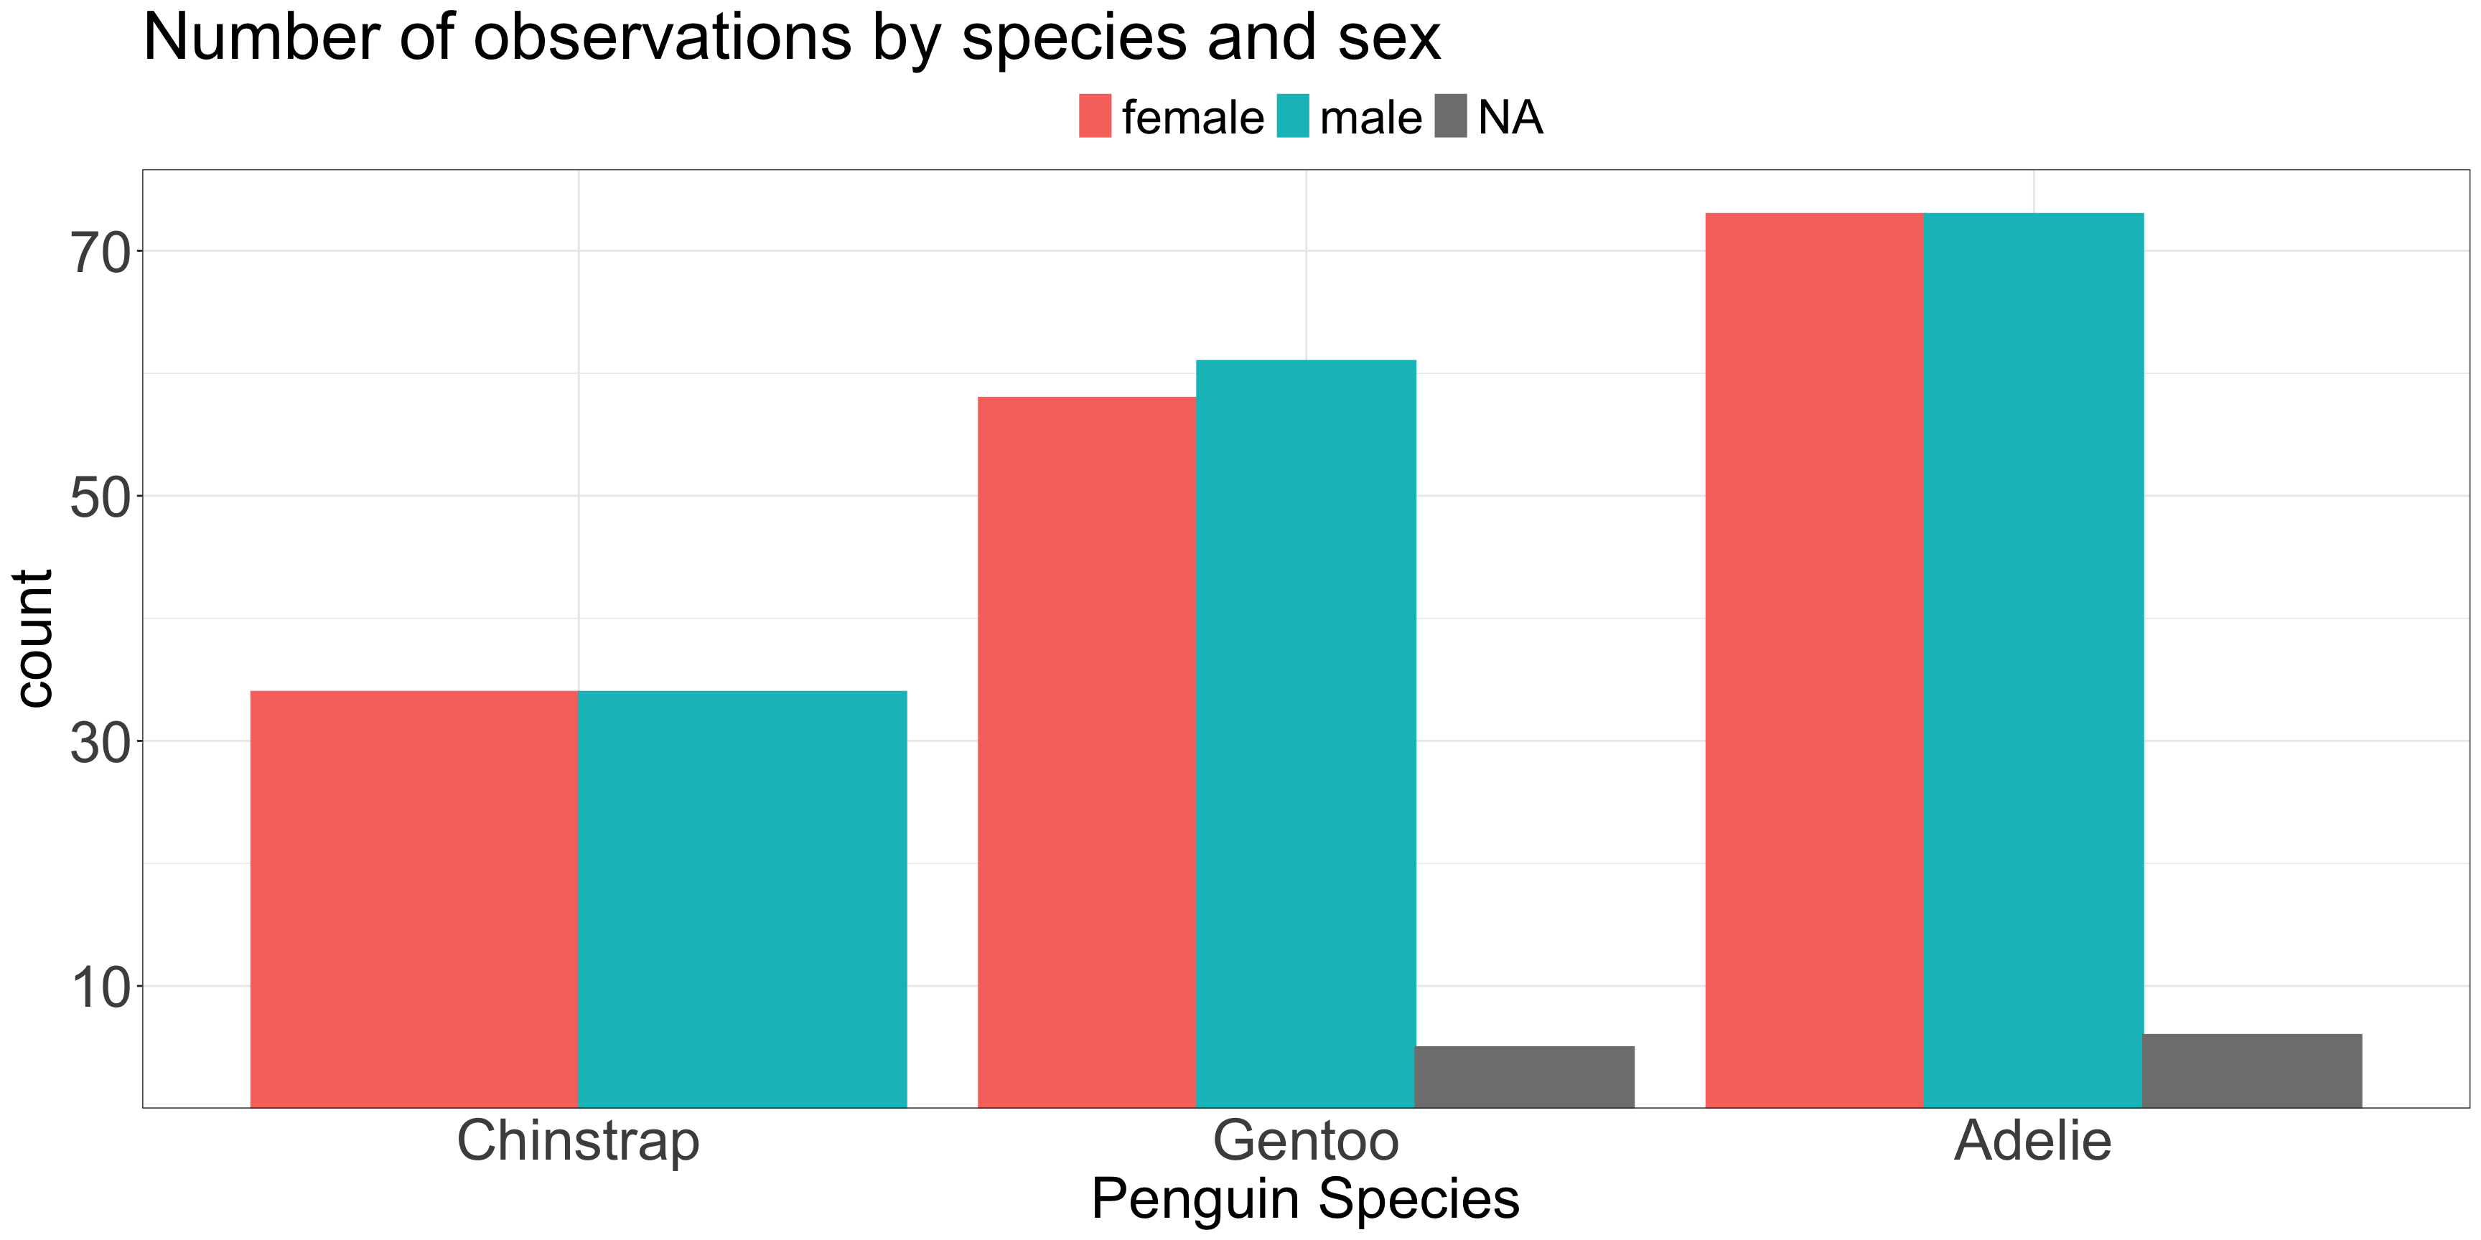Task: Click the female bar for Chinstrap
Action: click(414, 899)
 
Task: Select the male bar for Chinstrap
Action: click(742, 899)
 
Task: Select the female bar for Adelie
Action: click(1815, 660)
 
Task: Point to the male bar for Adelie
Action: click(2033, 660)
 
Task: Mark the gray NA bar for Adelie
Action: click(2252, 1071)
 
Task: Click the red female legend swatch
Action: click(1095, 116)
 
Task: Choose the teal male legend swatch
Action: click(1294, 116)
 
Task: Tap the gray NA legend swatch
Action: click(1450, 116)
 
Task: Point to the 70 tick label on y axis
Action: click(101, 254)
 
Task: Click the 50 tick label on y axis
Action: click(101, 498)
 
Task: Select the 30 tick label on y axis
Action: click(101, 742)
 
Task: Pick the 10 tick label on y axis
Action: click(101, 987)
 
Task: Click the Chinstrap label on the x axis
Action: click(578, 1142)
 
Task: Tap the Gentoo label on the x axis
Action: click(1306, 1142)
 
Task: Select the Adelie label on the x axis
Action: click(2033, 1142)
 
